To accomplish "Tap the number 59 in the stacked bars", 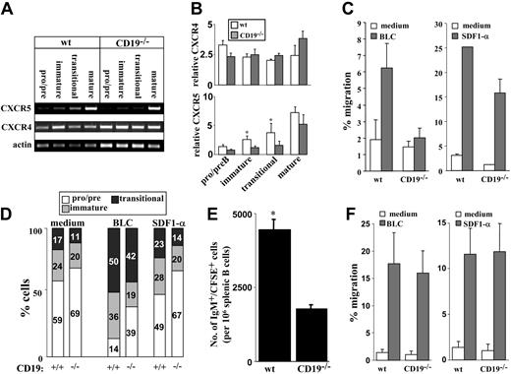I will point(57,318).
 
